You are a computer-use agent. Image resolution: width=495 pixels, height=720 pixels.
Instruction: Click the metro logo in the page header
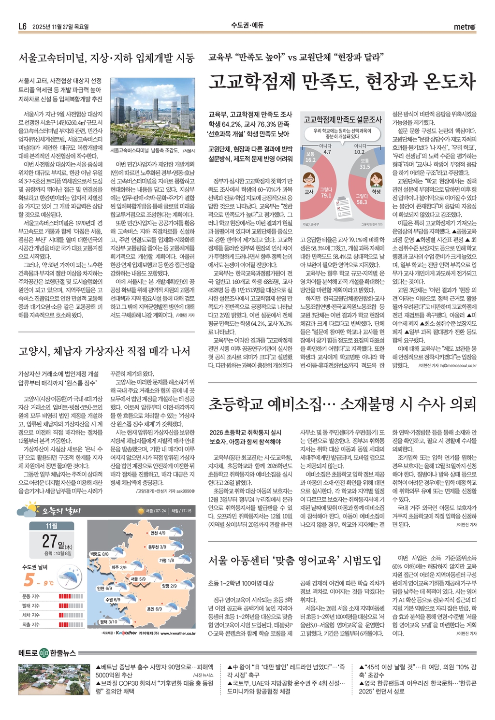(x=465, y=27)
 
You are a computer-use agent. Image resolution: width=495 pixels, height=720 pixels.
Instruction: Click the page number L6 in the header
(x=22, y=27)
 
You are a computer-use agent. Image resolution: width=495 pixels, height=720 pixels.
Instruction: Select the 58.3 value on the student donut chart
(x=362, y=200)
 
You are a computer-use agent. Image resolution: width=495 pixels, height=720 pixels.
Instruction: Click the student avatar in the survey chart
(x=376, y=180)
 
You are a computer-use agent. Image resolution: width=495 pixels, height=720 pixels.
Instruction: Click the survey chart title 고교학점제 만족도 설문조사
(x=342, y=119)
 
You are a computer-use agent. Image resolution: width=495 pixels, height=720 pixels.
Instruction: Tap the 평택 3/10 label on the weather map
(x=108, y=622)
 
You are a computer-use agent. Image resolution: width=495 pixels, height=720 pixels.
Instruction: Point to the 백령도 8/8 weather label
(x=99, y=554)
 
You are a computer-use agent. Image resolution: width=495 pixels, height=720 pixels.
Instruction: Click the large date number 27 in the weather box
(x=50, y=540)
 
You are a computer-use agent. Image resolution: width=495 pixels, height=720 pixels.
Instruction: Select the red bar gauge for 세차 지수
(x=71, y=615)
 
